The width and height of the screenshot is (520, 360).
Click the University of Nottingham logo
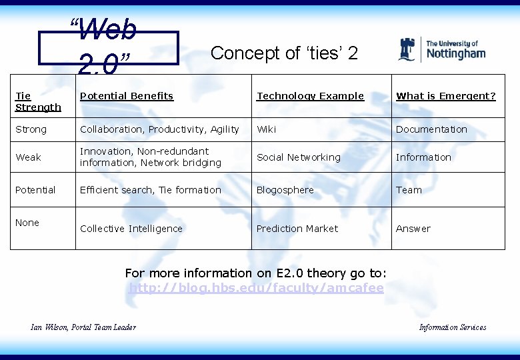(441, 50)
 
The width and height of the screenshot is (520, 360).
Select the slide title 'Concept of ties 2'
(284, 53)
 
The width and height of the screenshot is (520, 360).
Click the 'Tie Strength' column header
(38, 101)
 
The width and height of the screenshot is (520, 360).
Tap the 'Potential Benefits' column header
(127, 96)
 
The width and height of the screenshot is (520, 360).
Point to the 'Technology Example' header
(311, 96)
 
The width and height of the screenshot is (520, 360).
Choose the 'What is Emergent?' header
(446, 96)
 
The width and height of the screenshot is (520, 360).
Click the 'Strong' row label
(31, 129)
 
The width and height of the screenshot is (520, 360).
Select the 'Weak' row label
(28, 157)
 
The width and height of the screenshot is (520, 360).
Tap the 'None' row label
(27, 223)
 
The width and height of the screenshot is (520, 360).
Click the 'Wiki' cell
(267, 129)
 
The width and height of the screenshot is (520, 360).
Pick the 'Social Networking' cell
(299, 157)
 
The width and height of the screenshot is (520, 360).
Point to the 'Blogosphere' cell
(285, 190)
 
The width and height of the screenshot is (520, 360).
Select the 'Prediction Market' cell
(297, 229)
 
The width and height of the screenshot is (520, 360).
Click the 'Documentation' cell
(431, 129)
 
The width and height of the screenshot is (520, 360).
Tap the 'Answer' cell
(413, 229)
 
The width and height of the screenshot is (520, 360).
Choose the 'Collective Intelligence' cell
(131, 229)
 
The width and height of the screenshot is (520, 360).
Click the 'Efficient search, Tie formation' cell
(151, 190)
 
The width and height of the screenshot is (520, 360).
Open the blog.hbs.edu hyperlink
(256, 288)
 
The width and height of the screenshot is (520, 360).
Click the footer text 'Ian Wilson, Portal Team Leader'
(83, 327)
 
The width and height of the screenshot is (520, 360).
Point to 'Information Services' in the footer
(453, 327)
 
